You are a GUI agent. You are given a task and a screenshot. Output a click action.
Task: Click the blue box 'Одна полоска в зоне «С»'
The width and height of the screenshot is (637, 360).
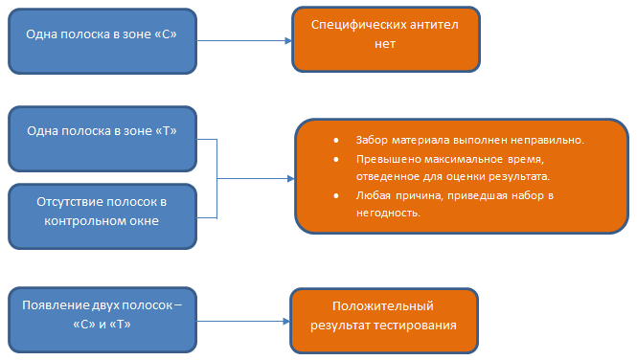[x=102, y=39]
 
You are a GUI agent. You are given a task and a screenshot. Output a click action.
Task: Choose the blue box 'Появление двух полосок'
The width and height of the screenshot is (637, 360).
[x=102, y=315]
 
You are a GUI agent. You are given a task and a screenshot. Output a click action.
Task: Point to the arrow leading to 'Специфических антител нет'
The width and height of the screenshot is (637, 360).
[x=244, y=40]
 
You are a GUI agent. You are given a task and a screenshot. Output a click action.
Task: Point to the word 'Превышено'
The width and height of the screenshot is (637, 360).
[x=383, y=159]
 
